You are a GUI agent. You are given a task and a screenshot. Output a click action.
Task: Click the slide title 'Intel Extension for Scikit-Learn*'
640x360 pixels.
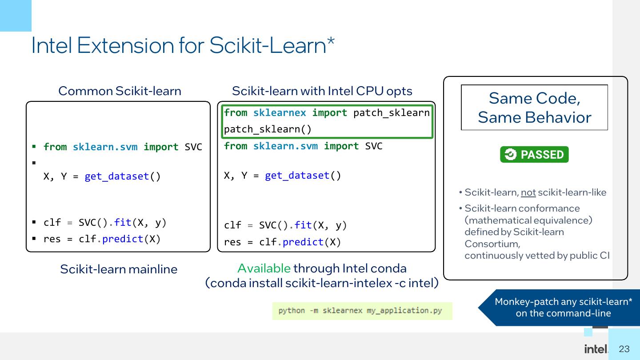pos(183,45)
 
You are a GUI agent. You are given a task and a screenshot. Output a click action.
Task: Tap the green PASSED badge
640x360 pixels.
pos(534,155)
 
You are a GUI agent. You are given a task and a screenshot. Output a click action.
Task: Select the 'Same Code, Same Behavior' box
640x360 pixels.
pos(534,108)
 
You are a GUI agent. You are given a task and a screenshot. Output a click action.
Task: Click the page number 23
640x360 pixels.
pos(624,349)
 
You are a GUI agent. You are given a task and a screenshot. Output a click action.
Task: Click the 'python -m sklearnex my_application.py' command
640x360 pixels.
pos(360,311)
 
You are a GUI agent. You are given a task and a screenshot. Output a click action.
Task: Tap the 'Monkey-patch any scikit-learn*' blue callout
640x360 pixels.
pos(563,308)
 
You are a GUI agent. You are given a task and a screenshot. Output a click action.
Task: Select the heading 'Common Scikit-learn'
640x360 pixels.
pos(120,91)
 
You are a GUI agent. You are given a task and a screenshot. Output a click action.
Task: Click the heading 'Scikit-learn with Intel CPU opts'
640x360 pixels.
pos(322,91)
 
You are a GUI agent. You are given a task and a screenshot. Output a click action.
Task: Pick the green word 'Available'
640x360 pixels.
pos(264,268)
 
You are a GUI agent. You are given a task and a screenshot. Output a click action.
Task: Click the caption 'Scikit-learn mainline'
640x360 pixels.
pos(119,269)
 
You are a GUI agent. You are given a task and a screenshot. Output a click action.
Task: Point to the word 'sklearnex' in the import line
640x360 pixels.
pos(280,113)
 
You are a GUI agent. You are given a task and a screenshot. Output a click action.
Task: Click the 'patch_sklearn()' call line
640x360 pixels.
pos(268,129)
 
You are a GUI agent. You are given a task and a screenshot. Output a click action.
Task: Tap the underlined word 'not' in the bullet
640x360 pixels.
pos(528,192)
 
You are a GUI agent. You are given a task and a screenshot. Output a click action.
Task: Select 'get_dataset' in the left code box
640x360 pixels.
pos(117,176)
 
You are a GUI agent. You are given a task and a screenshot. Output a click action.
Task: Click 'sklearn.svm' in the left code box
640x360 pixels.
pos(105,147)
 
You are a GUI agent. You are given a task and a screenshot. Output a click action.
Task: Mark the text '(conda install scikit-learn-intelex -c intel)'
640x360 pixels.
pos(322,283)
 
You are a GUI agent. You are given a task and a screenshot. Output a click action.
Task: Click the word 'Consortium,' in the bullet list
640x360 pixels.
pos(492,244)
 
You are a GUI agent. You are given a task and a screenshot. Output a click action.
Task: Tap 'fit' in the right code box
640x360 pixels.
pos(303,225)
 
